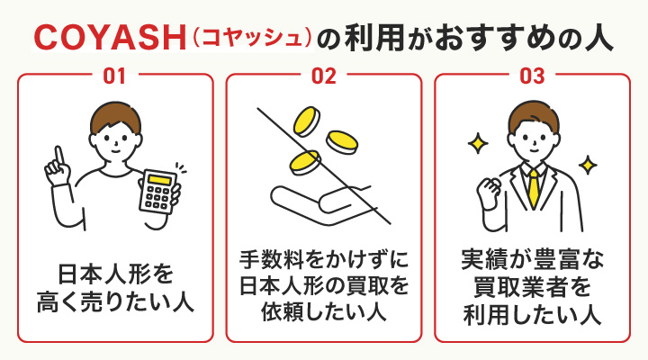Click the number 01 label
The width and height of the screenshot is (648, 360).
115,76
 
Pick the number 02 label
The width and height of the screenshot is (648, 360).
324,76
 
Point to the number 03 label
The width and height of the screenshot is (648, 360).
532,76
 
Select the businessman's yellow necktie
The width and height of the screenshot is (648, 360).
533,186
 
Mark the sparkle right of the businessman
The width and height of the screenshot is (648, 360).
588,165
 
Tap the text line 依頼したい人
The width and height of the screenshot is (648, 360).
324,313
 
